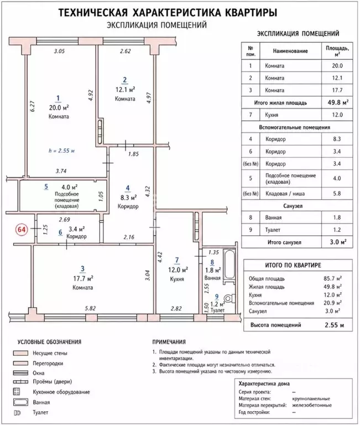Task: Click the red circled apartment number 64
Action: tap(22, 229)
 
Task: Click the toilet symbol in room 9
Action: tap(229, 299)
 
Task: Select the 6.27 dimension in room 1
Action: tap(33, 106)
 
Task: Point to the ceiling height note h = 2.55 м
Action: tap(62, 151)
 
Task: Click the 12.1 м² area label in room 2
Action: tap(125, 90)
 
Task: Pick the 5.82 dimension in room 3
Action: tap(90, 308)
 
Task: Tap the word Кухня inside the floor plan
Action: tap(177, 279)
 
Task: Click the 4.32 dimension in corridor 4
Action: tap(148, 191)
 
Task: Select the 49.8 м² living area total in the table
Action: tap(338, 102)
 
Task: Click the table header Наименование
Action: tap(290, 51)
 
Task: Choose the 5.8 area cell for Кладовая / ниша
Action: tap(337, 194)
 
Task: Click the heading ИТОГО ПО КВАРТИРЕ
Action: tap(293, 265)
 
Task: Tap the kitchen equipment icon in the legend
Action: tap(17, 392)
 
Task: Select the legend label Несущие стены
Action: tap(50, 353)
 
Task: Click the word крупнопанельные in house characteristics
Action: tap(311, 398)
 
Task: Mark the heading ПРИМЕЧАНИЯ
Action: tap(169, 342)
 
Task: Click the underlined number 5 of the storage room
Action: tap(46, 186)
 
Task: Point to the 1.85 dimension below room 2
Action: tap(133, 154)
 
